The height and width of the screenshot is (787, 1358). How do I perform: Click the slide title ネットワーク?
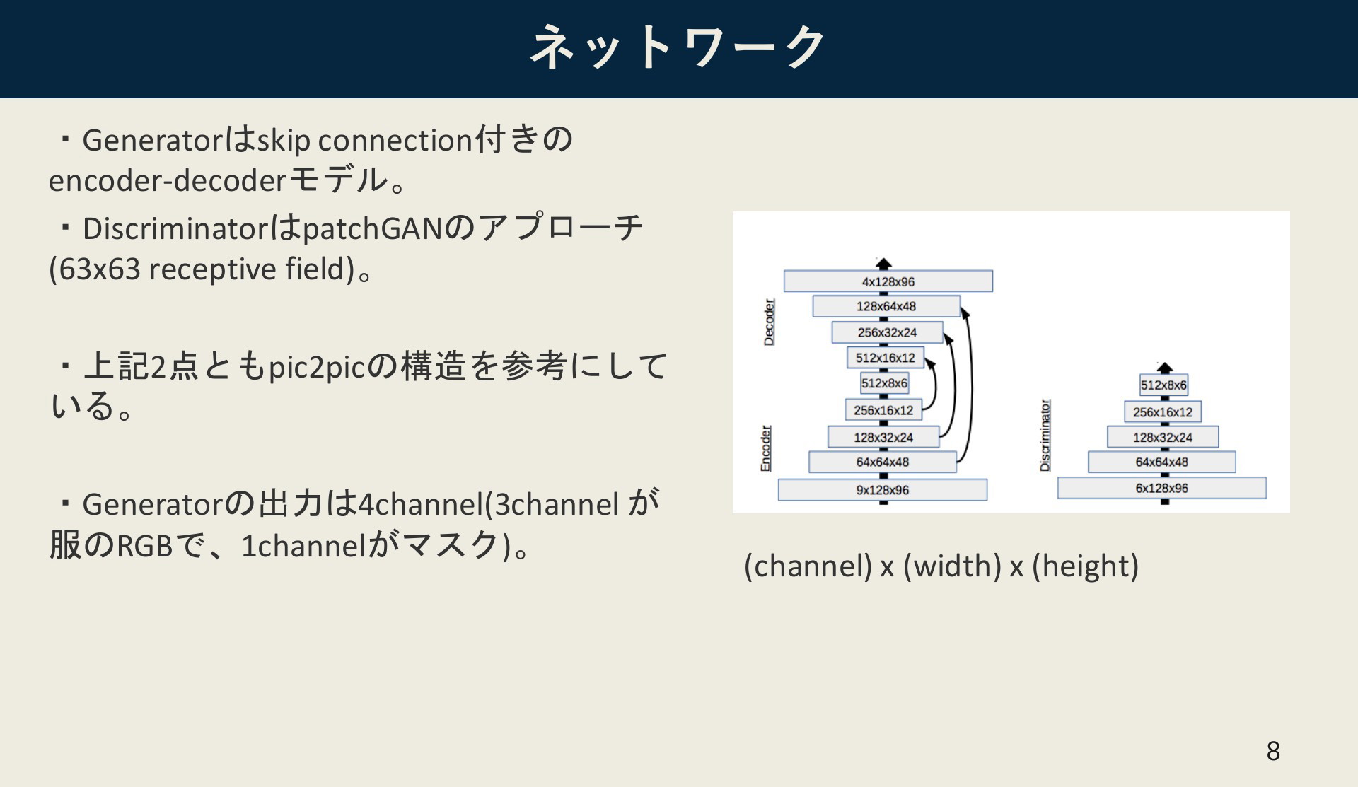678,47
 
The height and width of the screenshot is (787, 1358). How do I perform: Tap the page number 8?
1273,750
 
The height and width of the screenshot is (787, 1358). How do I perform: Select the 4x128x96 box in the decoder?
888,281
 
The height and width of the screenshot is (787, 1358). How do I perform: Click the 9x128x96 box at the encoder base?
883,489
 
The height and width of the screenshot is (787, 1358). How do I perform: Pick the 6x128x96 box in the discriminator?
1162,488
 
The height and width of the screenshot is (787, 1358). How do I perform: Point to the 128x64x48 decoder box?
886,306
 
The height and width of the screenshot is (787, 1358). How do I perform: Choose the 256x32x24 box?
887,332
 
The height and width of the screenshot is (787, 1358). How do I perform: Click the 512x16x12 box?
886,358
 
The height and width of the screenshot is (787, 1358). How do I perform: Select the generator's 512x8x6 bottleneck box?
884,383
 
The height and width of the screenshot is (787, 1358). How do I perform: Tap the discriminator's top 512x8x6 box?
1163,385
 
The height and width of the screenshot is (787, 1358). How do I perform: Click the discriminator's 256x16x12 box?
1163,412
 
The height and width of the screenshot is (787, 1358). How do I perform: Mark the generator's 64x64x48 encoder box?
883,462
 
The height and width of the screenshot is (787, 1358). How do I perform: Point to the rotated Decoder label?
769,322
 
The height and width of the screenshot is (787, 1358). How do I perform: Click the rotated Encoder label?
765,448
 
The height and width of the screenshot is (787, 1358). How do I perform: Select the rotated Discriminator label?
1045,436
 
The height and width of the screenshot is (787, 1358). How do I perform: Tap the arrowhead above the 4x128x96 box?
883,264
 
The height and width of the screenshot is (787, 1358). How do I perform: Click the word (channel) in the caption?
808,566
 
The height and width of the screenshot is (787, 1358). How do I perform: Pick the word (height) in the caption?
1086,566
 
